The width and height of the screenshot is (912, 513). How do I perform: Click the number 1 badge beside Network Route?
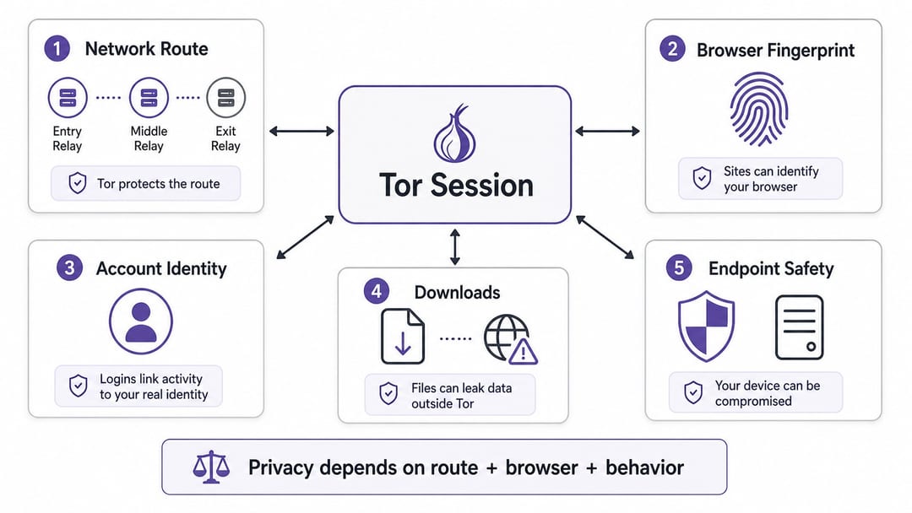[x=57, y=49]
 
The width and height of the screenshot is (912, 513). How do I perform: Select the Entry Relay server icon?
[x=68, y=98]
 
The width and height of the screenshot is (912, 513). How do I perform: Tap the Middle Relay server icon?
[x=149, y=98]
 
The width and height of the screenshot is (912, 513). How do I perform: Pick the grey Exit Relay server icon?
[x=225, y=98]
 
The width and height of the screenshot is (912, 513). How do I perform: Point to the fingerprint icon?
[x=759, y=109]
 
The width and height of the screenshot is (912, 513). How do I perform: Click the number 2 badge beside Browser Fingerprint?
[x=672, y=49]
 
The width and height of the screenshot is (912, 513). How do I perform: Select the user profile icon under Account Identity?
[x=141, y=321]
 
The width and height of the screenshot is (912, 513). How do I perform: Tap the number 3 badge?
[x=69, y=267]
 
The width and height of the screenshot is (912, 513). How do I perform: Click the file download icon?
[x=403, y=337]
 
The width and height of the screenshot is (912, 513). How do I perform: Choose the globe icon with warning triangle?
[x=511, y=339]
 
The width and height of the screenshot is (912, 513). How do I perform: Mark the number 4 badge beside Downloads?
[x=377, y=291]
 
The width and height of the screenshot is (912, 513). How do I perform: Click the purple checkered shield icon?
[x=706, y=327]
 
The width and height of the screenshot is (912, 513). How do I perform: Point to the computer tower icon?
[x=799, y=327]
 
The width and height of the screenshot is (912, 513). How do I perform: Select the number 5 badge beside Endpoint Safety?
[x=679, y=267]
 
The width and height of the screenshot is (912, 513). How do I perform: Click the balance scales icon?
[x=211, y=467]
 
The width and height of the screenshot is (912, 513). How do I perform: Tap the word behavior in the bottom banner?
[x=644, y=467]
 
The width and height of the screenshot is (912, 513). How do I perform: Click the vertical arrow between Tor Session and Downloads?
[x=455, y=247]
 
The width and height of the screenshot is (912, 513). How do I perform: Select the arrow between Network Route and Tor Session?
[x=301, y=132]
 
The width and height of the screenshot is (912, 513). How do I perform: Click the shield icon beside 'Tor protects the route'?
[x=78, y=183]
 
